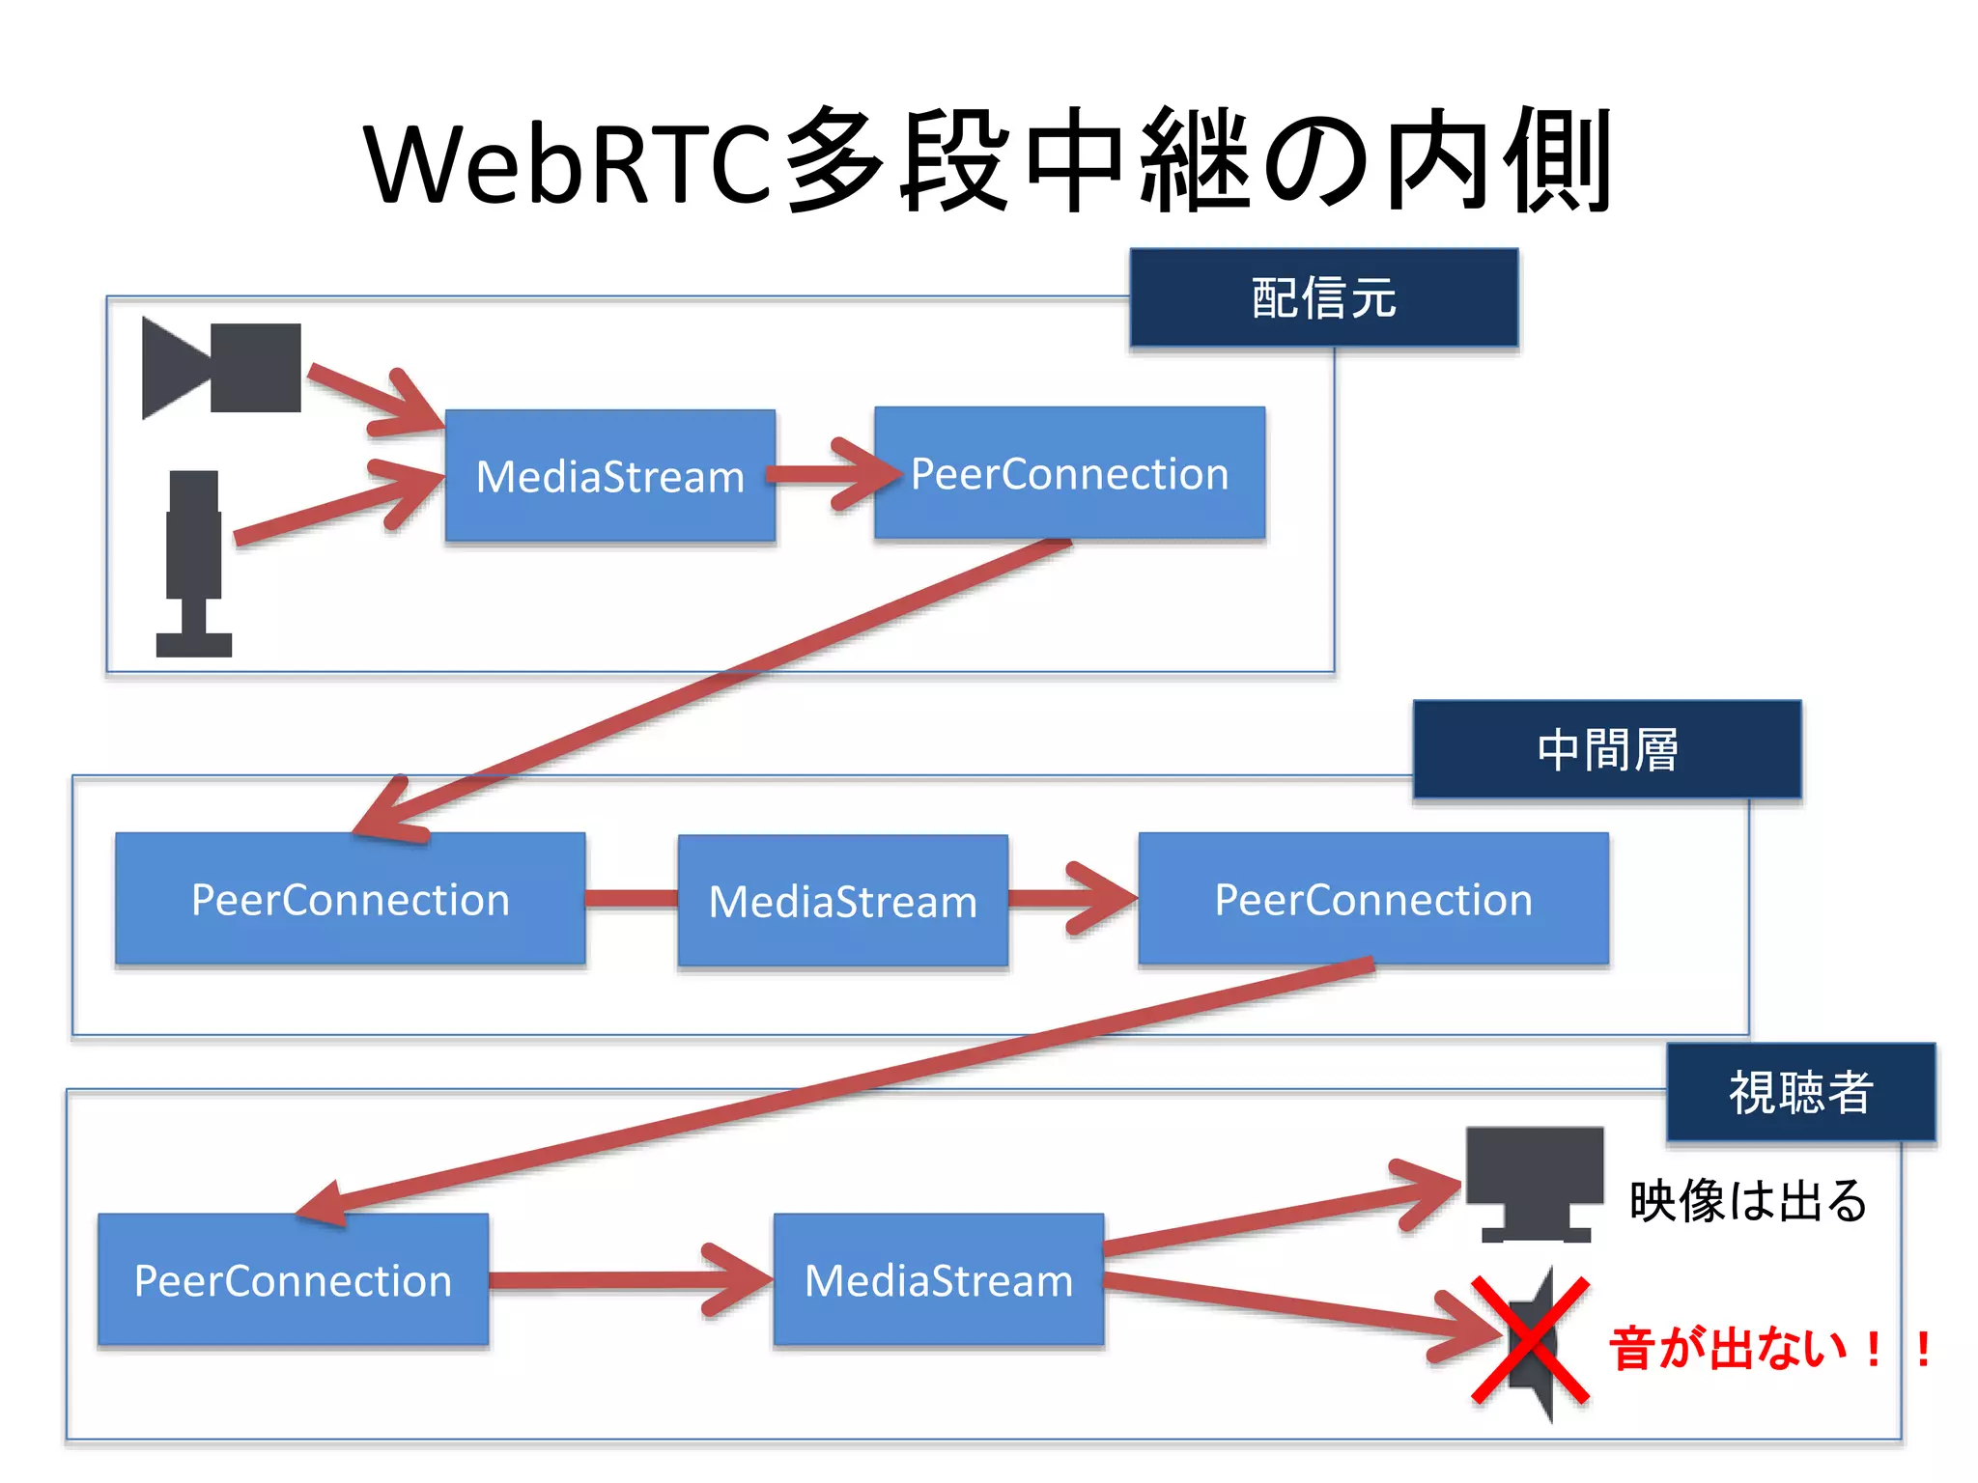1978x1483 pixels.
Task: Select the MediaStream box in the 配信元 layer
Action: tap(610, 476)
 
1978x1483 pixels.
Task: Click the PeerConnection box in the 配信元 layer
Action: tap(1069, 473)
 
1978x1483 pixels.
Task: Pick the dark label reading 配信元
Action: tap(1323, 297)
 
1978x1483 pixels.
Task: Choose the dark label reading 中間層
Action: tap(1606, 749)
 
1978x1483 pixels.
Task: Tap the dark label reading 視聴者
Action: tap(1800, 1092)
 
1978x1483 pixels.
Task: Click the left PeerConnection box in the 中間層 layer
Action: tap(350, 899)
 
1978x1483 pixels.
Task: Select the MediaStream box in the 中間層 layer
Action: tap(842, 901)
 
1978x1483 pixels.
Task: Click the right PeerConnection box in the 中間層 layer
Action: tap(1372, 899)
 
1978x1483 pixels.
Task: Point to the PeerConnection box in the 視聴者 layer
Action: tap(293, 1279)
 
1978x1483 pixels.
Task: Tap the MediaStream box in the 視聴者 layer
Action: tap(938, 1279)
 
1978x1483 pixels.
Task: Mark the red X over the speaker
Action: tap(1530, 1340)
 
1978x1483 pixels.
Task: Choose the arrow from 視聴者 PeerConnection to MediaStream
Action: tap(628, 1280)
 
